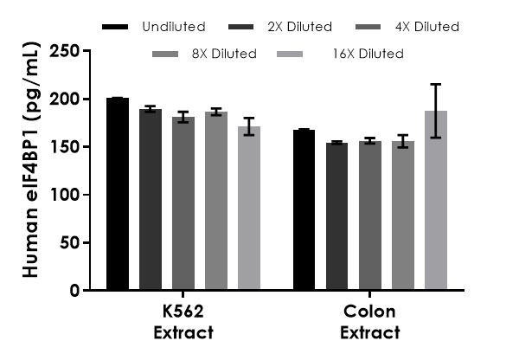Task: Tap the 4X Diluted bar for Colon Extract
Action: tap(369, 215)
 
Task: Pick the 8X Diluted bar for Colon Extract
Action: tap(402, 215)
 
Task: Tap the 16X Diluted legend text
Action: tap(368, 54)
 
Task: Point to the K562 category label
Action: tap(183, 312)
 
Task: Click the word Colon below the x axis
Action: tap(369, 312)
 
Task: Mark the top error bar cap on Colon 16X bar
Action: tap(435, 84)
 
